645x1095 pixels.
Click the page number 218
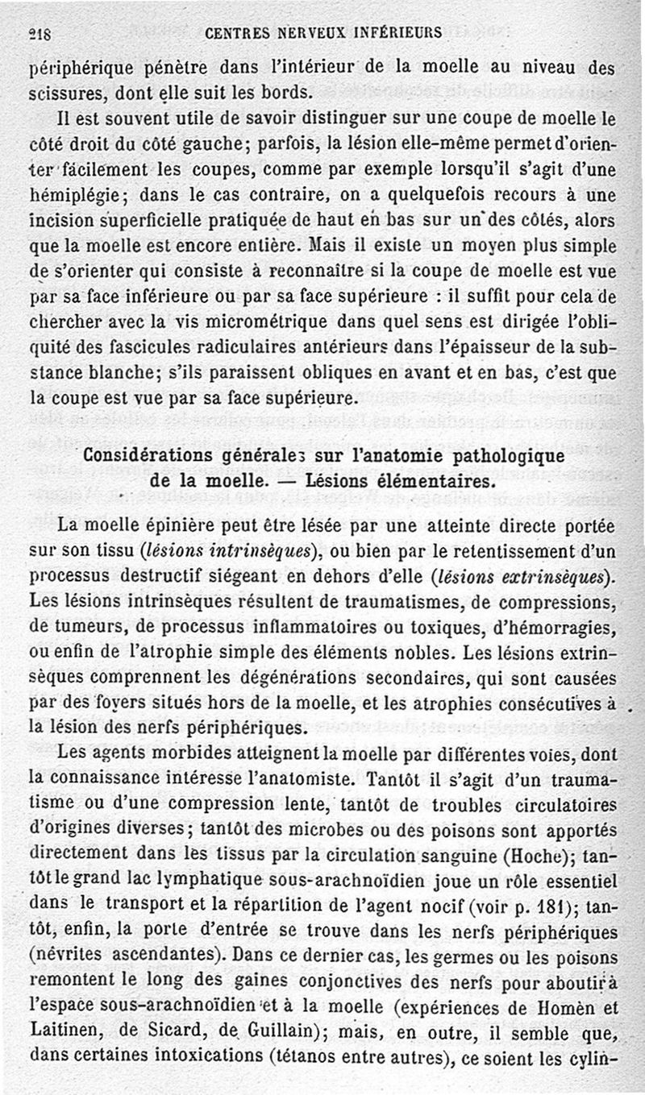click(x=40, y=33)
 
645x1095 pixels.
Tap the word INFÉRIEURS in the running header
click(x=393, y=33)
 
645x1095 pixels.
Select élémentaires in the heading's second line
click(x=439, y=482)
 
